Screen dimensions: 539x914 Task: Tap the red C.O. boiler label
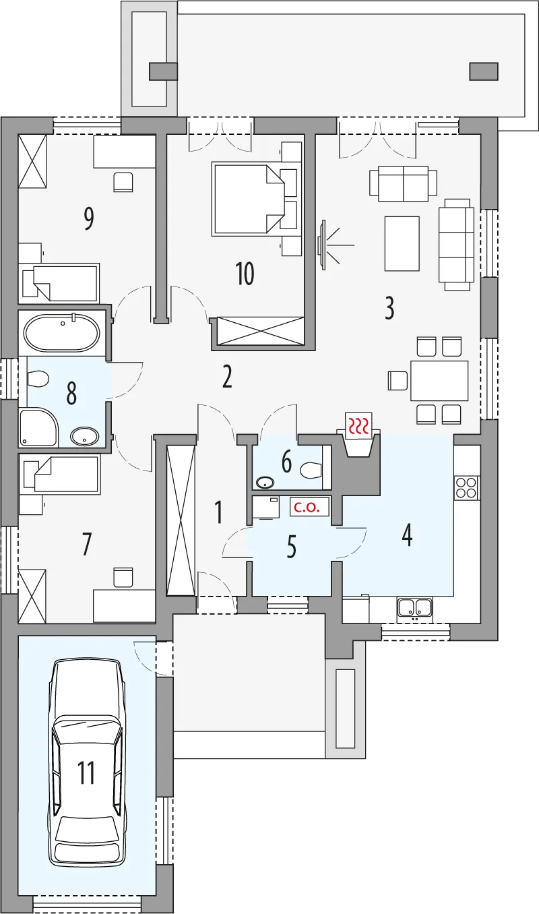click(x=309, y=507)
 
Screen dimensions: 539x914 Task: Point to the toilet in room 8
click(x=38, y=378)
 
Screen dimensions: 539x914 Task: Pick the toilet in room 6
click(x=311, y=470)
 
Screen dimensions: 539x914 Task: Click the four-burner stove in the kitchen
click(x=466, y=487)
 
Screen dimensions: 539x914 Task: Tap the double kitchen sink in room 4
click(x=414, y=607)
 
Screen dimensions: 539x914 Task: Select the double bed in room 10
click(x=247, y=199)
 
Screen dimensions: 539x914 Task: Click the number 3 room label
click(x=389, y=308)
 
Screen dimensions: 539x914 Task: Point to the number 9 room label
click(x=88, y=218)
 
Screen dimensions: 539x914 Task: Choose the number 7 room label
click(x=86, y=545)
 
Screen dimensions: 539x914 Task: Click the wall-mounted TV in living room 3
click(x=322, y=245)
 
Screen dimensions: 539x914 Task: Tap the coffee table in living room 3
click(x=402, y=243)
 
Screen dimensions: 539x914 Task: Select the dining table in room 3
click(x=439, y=381)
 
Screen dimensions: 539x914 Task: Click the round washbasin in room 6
click(x=265, y=483)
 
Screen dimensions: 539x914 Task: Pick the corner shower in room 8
click(x=38, y=427)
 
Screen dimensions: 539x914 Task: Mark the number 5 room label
click(x=291, y=547)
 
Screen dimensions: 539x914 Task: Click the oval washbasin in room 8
click(x=84, y=437)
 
